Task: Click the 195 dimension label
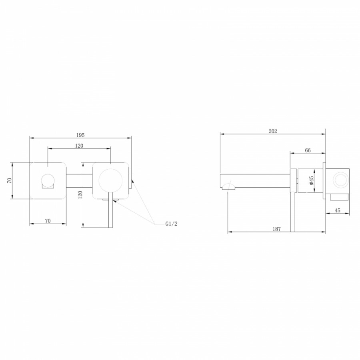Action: [x=80, y=135]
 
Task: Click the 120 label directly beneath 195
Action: [x=79, y=146]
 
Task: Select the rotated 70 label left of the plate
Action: [x=9, y=180]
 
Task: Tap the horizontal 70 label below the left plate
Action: [x=48, y=221]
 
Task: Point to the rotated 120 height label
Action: [x=80, y=195]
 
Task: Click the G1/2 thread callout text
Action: [x=172, y=224]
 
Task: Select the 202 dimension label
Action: [x=273, y=131]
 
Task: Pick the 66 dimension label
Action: [x=308, y=150]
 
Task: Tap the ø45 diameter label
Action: [x=311, y=180]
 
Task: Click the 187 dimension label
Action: [x=277, y=229]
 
